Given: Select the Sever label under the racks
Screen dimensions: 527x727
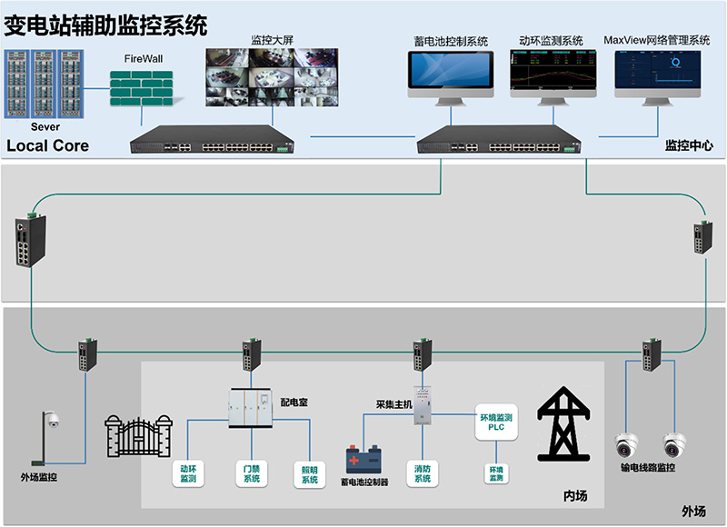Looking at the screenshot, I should coord(45,127).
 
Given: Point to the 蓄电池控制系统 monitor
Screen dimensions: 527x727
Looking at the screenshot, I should coord(450,74).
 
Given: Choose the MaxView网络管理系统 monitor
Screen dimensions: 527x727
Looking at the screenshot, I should coord(656,74).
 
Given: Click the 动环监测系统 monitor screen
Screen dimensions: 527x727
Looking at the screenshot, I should coord(551,74).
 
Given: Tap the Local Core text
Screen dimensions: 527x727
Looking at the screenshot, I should coord(47,145).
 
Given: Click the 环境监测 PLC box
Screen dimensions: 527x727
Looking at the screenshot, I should coord(496,423).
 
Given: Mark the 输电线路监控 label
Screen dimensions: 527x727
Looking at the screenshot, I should coord(648,467).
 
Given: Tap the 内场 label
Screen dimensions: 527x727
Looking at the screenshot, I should coord(575,495).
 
